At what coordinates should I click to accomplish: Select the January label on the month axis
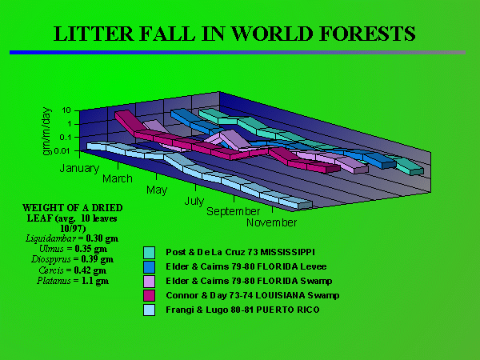tap(78, 169)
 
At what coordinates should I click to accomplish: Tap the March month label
tap(117, 178)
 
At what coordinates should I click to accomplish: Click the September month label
tap(232, 211)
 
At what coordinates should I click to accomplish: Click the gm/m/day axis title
tap(48, 130)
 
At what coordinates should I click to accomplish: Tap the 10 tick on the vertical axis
tap(67, 110)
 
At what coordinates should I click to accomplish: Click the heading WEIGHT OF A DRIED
tap(67, 208)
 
